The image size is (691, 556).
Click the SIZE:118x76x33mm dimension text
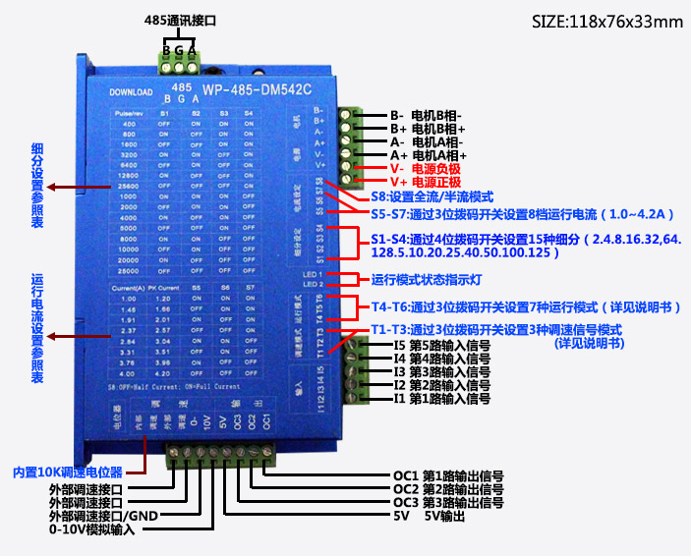pyautogui.click(x=606, y=22)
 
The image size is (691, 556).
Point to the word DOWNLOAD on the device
pyautogui.click(x=131, y=92)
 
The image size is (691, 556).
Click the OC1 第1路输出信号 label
pyautogui.click(x=448, y=474)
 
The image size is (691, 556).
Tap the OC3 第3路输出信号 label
pyautogui.click(x=448, y=502)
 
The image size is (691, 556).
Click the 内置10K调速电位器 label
pyautogui.click(x=68, y=471)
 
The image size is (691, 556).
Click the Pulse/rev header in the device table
pyautogui.click(x=130, y=116)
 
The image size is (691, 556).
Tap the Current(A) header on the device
pyautogui.click(x=131, y=287)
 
